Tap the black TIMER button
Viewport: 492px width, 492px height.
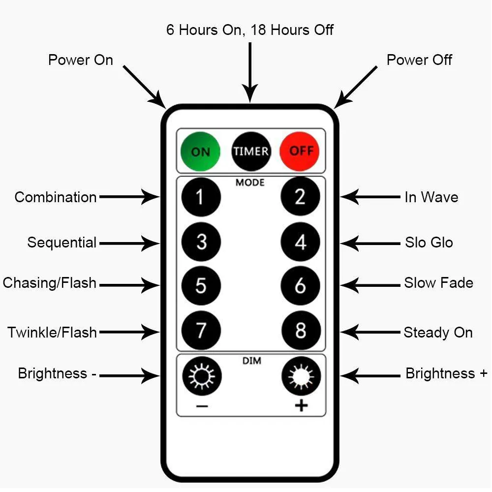tap(251, 151)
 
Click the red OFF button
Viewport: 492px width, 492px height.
tap(300, 151)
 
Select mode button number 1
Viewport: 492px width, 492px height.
tap(201, 197)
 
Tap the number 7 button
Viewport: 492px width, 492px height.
tap(201, 331)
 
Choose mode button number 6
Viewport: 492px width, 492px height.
tap(300, 286)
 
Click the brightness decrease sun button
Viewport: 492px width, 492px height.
tap(202, 377)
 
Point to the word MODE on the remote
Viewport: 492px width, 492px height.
tap(250, 183)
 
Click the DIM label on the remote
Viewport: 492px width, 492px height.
tap(251, 361)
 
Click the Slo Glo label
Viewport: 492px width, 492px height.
tap(429, 243)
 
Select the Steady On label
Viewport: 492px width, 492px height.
tap(438, 333)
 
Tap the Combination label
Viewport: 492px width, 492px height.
tap(56, 197)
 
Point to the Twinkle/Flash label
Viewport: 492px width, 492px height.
tap(52, 333)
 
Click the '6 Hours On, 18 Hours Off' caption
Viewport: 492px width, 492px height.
tap(250, 30)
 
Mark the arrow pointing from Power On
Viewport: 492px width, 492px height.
tap(144, 86)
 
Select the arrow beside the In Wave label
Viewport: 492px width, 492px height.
tap(370, 197)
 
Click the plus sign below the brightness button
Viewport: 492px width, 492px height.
tap(301, 405)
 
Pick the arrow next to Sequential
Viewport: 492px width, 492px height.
tap(129, 243)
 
